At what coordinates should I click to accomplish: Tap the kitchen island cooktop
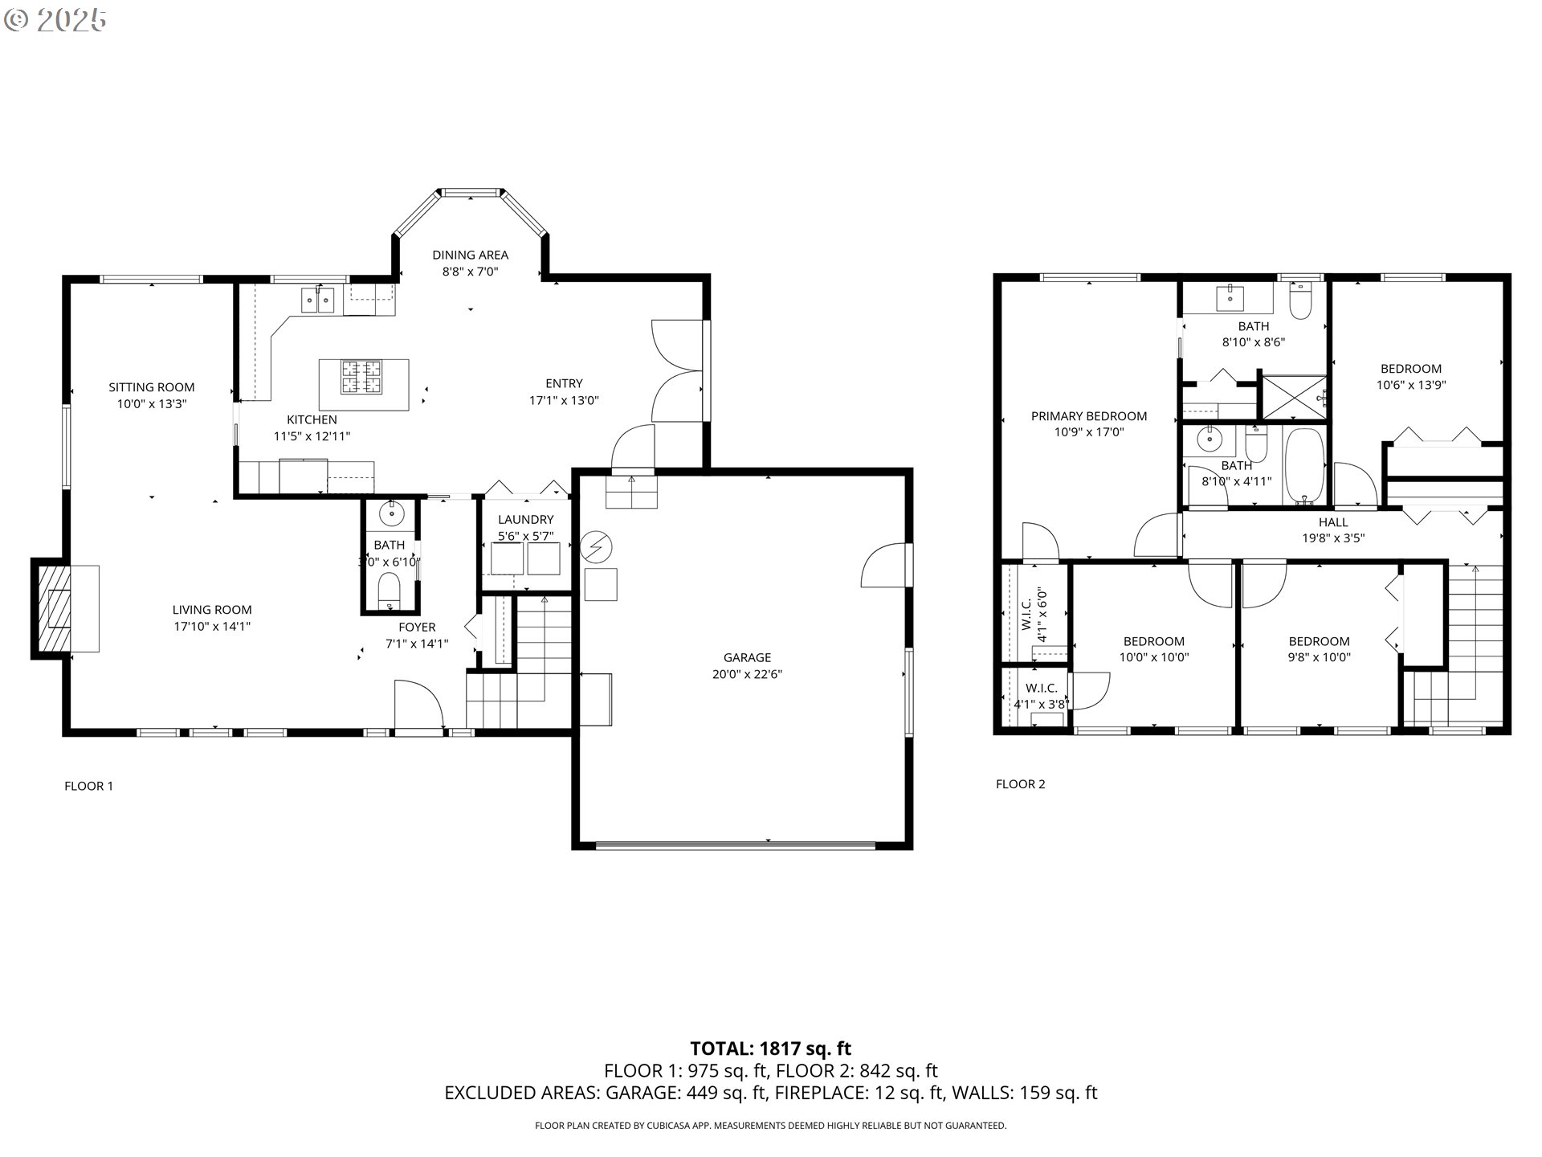pyautogui.click(x=362, y=378)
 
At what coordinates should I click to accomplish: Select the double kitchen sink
pyautogui.click(x=318, y=300)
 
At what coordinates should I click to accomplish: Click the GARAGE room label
pyautogui.click(x=747, y=657)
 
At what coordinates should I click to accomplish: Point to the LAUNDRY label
pyautogui.click(x=525, y=519)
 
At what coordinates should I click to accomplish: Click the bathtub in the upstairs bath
pyautogui.click(x=1304, y=466)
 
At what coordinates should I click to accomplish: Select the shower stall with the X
pyautogui.click(x=1293, y=397)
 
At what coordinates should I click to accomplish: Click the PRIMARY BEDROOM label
pyautogui.click(x=1088, y=416)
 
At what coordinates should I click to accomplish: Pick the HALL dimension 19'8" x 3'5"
pyautogui.click(x=1333, y=538)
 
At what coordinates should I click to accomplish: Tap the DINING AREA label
pyautogui.click(x=470, y=255)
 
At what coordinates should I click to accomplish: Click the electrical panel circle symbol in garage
pyautogui.click(x=596, y=548)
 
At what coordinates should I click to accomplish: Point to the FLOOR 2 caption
pyautogui.click(x=1020, y=784)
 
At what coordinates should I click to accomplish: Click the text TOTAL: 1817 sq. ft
pyautogui.click(x=770, y=1049)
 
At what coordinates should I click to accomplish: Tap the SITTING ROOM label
pyautogui.click(x=152, y=387)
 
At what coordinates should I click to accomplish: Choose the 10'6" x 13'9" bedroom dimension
pyautogui.click(x=1411, y=385)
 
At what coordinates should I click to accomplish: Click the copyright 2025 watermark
pyautogui.click(x=56, y=20)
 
